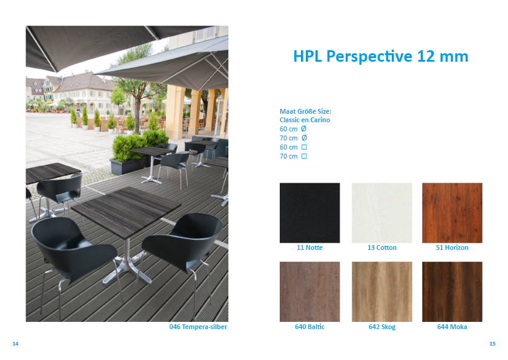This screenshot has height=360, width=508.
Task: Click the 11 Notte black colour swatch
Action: [x=310, y=213]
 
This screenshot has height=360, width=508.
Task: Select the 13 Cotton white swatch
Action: [x=382, y=213]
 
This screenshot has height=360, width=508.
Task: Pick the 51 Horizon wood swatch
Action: [x=452, y=213]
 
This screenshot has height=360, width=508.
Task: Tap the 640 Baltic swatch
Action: [x=310, y=292]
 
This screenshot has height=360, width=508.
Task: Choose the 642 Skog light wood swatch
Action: [x=382, y=292]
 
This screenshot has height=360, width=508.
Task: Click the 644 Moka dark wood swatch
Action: [x=452, y=292]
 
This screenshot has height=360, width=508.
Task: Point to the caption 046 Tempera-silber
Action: [x=198, y=327]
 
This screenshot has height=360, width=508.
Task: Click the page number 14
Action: [x=15, y=344]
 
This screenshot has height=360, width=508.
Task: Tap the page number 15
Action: [x=492, y=344]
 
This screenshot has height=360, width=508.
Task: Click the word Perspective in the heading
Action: [x=369, y=57]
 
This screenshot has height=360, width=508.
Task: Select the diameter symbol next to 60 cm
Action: [x=303, y=128]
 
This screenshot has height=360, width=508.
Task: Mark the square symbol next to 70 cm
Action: [x=304, y=156]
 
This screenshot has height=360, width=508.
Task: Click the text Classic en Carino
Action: [x=305, y=120]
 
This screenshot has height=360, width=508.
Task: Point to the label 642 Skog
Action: [x=382, y=327]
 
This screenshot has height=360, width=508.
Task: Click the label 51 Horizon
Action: [x=452, y=247]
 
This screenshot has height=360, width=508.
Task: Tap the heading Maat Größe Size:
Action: [x=306, y=111]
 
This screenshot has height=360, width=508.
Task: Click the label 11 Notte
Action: [x=310, y=247]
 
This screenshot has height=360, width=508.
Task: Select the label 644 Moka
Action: [x=452, y=327]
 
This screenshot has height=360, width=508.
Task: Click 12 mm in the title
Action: [x=443, y=56]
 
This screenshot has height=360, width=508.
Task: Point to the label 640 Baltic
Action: [x=310, y=327]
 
